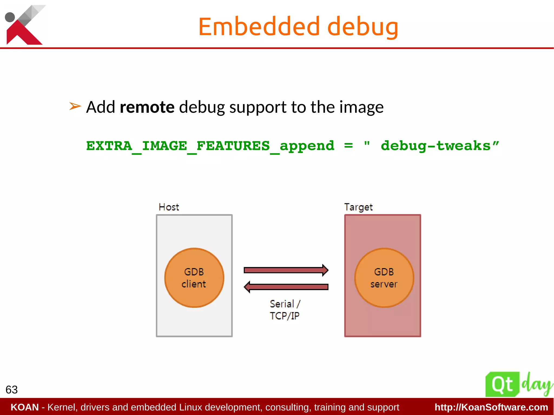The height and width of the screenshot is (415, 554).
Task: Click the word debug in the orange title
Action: pos(362,27)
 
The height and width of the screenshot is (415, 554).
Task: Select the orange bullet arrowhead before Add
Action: pos(75,106)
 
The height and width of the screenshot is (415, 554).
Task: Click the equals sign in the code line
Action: pos(348,146)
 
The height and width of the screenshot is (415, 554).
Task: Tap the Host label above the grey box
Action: pos(169,207)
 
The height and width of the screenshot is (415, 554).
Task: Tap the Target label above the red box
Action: pos(358,207)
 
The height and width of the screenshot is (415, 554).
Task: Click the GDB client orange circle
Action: pos(194,278)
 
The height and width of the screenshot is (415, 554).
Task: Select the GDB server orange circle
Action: pos(384,278)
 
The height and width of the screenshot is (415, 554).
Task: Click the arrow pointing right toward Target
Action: pos(286,270)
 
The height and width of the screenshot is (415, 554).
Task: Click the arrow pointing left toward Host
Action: pos(286,287)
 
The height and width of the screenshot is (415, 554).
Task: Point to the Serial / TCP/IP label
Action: pos(285,310)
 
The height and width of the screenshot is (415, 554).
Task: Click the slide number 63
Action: pos(12,390)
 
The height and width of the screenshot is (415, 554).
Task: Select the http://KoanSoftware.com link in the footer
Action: pos(491,407)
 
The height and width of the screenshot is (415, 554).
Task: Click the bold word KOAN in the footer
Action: pos(25,407)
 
